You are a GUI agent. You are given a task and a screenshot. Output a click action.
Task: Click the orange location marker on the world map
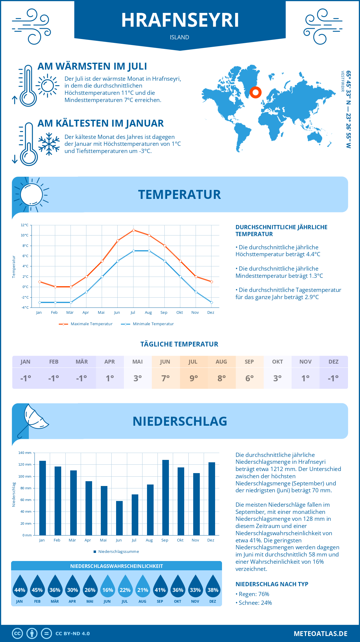click(256, 92)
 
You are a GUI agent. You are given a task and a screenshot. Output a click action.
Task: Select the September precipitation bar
click(166, 497)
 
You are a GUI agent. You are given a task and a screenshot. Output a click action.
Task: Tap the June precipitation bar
click(119, 518)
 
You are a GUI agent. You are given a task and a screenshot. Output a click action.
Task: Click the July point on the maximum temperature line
click(133, 230)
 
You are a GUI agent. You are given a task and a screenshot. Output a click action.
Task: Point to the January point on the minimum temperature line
click(40, 302)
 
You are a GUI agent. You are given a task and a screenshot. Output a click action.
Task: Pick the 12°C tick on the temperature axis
click(25, 225)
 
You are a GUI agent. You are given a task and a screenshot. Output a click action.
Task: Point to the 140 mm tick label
click(25, 453)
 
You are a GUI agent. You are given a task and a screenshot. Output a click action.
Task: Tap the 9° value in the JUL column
click(193, 378)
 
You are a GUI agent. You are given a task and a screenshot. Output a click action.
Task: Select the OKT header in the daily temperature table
click(277, 362)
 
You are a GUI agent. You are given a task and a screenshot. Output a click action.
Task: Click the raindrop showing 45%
click(37, 588)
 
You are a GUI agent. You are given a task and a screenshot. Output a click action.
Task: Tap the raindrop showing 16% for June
click(107, 588)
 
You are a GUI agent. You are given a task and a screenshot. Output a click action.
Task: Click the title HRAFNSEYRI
click(180, 20)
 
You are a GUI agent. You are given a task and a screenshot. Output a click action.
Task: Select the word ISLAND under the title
click(179, 37)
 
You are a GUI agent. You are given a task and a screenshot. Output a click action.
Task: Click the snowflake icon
click(49, 144)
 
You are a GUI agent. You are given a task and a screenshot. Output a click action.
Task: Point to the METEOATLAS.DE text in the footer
click(320, 634)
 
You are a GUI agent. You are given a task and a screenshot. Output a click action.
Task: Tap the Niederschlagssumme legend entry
click(118, 552)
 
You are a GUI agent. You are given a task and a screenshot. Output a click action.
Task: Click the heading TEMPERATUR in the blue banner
click(179, 195)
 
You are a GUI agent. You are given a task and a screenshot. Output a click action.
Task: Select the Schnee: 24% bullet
click(255, 603)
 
